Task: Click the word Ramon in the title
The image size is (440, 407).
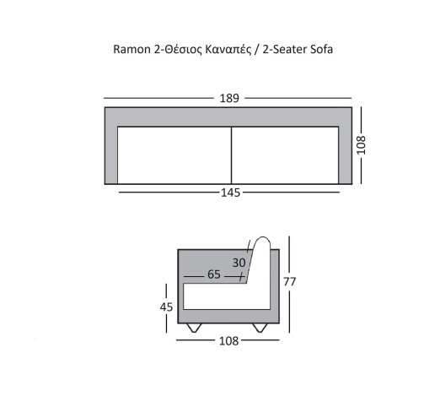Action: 131,49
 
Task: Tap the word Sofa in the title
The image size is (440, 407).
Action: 321,49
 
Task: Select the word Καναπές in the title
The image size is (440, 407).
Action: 228,50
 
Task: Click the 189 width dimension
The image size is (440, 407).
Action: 229,98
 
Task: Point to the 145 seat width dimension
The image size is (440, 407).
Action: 230,193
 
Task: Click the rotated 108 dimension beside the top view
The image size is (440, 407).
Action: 361,145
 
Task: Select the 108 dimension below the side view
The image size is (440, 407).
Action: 228,341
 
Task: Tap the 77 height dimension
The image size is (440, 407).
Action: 289,281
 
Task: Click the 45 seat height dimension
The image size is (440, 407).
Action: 166,307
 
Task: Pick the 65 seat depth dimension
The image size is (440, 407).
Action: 214,274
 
